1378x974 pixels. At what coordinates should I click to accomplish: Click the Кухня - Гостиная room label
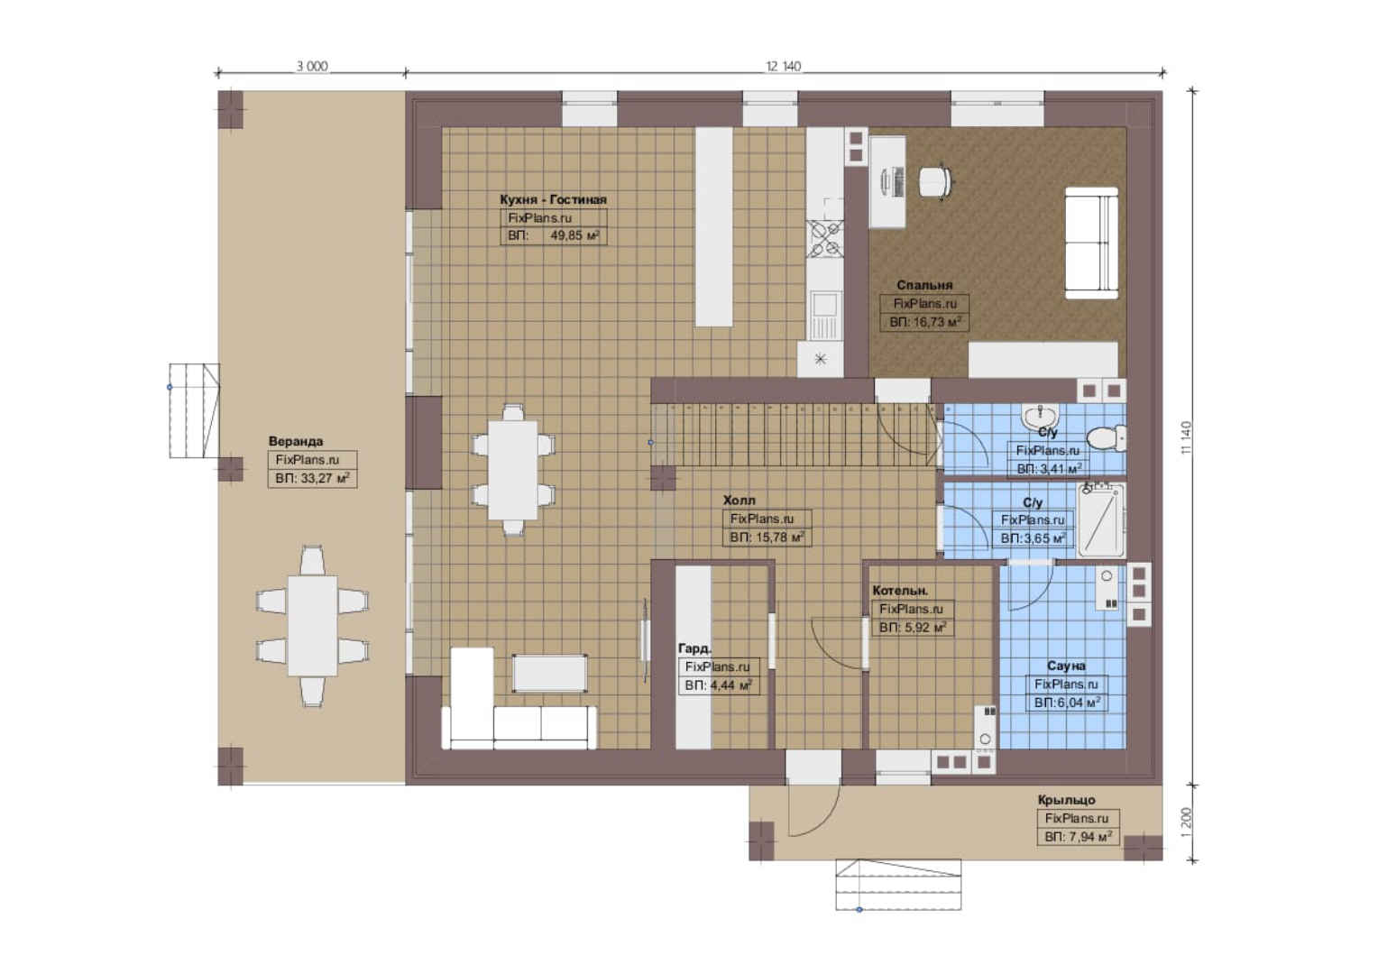(x=553, y=199)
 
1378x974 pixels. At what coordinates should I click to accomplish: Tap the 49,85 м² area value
(x=574, y=235)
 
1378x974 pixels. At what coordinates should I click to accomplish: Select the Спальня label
(x=924, y=285)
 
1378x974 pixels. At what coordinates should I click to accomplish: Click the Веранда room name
(x=295, y=441)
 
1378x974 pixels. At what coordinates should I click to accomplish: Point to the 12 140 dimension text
(x=783, y=66)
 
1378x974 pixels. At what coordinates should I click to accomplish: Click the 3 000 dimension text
(x=312, y=66)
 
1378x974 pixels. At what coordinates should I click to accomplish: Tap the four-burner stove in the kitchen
(x=824, y=239)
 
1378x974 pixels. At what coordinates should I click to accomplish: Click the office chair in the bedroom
(x=934, y=181)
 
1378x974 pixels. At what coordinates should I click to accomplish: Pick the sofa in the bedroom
(x=1091, y=243)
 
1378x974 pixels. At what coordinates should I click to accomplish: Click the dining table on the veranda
(x=313, y=626)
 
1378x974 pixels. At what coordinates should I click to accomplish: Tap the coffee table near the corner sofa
(x=549, y=674)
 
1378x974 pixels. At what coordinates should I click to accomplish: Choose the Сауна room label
(x=1066, y=666)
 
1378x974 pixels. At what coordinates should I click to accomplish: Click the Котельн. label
(x=900, y=591)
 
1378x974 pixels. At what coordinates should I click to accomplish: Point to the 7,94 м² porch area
(x=1079, y=837)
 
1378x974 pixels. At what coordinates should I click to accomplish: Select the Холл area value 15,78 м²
(x=767, y=538)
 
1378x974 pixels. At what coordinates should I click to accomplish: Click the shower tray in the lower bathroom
(x=1100, y=520)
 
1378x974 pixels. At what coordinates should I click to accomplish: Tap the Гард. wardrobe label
(x=694, y=648)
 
